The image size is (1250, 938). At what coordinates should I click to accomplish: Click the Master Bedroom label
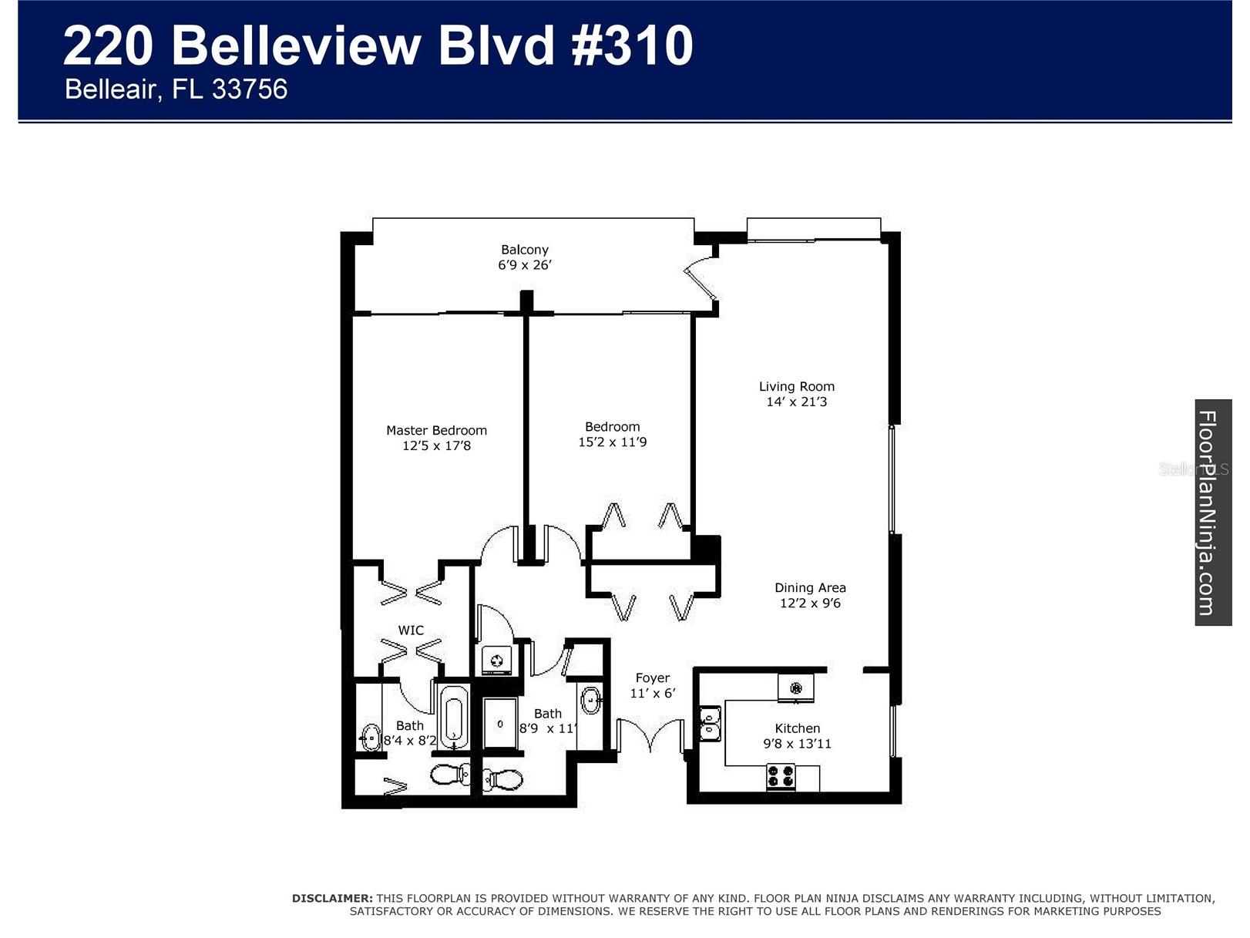[436, 430]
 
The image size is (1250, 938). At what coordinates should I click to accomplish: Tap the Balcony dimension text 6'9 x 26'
[524, 265]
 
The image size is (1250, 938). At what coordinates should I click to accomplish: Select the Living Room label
[796, 386]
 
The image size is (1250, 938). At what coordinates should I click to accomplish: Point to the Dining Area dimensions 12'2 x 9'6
[810, 603]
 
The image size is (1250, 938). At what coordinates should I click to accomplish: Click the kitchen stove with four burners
[781, 776]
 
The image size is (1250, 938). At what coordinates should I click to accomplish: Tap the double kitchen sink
[710, 724]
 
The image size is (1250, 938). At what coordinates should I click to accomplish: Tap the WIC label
[411, 630]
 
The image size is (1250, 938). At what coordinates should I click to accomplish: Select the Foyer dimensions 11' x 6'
[652, 694]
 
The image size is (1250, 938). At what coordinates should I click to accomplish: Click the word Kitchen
[797, 728]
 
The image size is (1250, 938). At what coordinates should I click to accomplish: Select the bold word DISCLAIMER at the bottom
[332, 898]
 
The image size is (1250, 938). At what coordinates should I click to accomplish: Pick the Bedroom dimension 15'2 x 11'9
[612, 442]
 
